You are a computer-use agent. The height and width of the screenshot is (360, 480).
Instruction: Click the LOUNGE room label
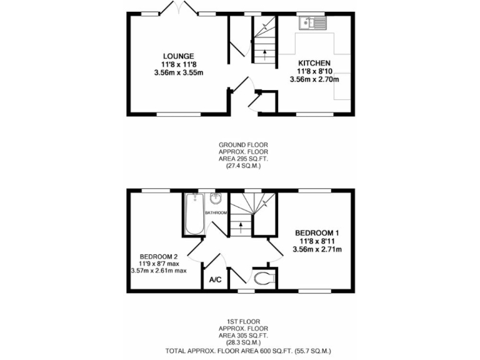tap(179, 56)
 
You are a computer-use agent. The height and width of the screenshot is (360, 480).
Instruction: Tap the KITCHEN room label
tap(314, 63)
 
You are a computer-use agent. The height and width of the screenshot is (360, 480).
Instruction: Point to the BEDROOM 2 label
tap(159, 256)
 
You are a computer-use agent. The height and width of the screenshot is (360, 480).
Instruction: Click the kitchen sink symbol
tap(312, 24)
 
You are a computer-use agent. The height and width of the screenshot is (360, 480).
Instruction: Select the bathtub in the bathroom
tap(194, 214)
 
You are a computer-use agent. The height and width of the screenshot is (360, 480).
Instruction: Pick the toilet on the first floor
tap(264, 277)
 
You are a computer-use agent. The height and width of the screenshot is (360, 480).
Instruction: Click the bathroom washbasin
tap(216, 199)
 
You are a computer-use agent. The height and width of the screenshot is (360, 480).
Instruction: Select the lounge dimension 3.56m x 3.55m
tap(179, 72)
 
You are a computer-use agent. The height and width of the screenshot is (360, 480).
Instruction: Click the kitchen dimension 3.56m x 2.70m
tap(314, 79)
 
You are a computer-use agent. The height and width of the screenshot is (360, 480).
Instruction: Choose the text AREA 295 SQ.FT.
tap(239, 159)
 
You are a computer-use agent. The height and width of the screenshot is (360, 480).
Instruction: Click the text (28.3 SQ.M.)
tap(239, 342)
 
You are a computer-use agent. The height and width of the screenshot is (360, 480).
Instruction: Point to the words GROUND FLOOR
tap(239, 145)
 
